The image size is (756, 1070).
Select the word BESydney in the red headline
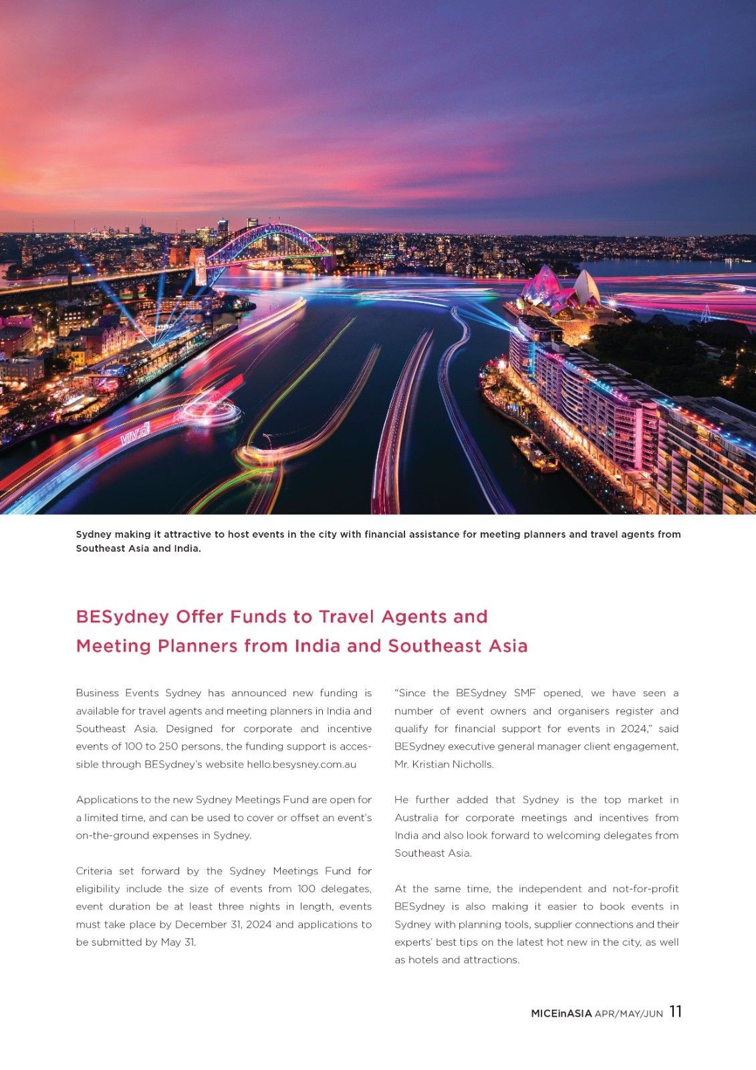[x=122, y=617]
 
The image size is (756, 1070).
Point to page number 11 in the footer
[x=675, y=1012]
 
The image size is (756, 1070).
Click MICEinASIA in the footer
[x=561, y=1013]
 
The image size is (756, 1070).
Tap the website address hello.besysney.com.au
[x=301, y=764]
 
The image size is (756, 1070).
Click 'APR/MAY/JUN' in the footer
[x=628, y=1014]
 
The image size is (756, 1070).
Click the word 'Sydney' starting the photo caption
[x=94, y=534]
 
